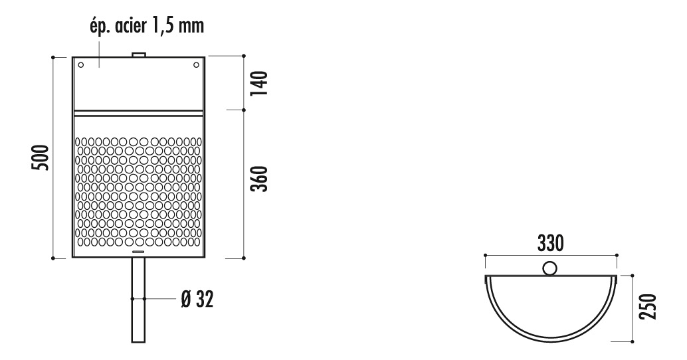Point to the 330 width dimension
[x=551, y=243]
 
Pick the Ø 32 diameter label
[x=197, y=300]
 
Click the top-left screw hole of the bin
[x=81, y=65]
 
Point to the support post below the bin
[x=138, y=300]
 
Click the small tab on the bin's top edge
[x=138, y=54]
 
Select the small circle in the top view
[x=550, y=268]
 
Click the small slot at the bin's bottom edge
[x=138, y=252]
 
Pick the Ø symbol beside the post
[x=185, y=300]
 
